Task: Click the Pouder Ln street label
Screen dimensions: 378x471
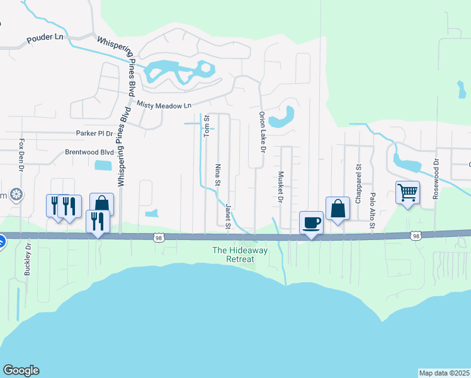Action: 45,38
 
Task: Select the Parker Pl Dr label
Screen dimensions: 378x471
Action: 94,133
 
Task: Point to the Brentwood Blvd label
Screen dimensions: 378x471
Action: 89,152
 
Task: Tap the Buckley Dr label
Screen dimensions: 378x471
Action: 28,260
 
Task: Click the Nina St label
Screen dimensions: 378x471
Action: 218,175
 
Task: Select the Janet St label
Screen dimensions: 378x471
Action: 228,215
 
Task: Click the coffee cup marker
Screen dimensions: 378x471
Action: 311,222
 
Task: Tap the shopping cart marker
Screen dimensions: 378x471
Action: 407,192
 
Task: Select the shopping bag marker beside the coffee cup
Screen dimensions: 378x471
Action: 338,209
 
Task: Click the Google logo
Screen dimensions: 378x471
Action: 21,370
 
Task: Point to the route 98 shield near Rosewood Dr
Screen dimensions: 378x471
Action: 415,236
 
